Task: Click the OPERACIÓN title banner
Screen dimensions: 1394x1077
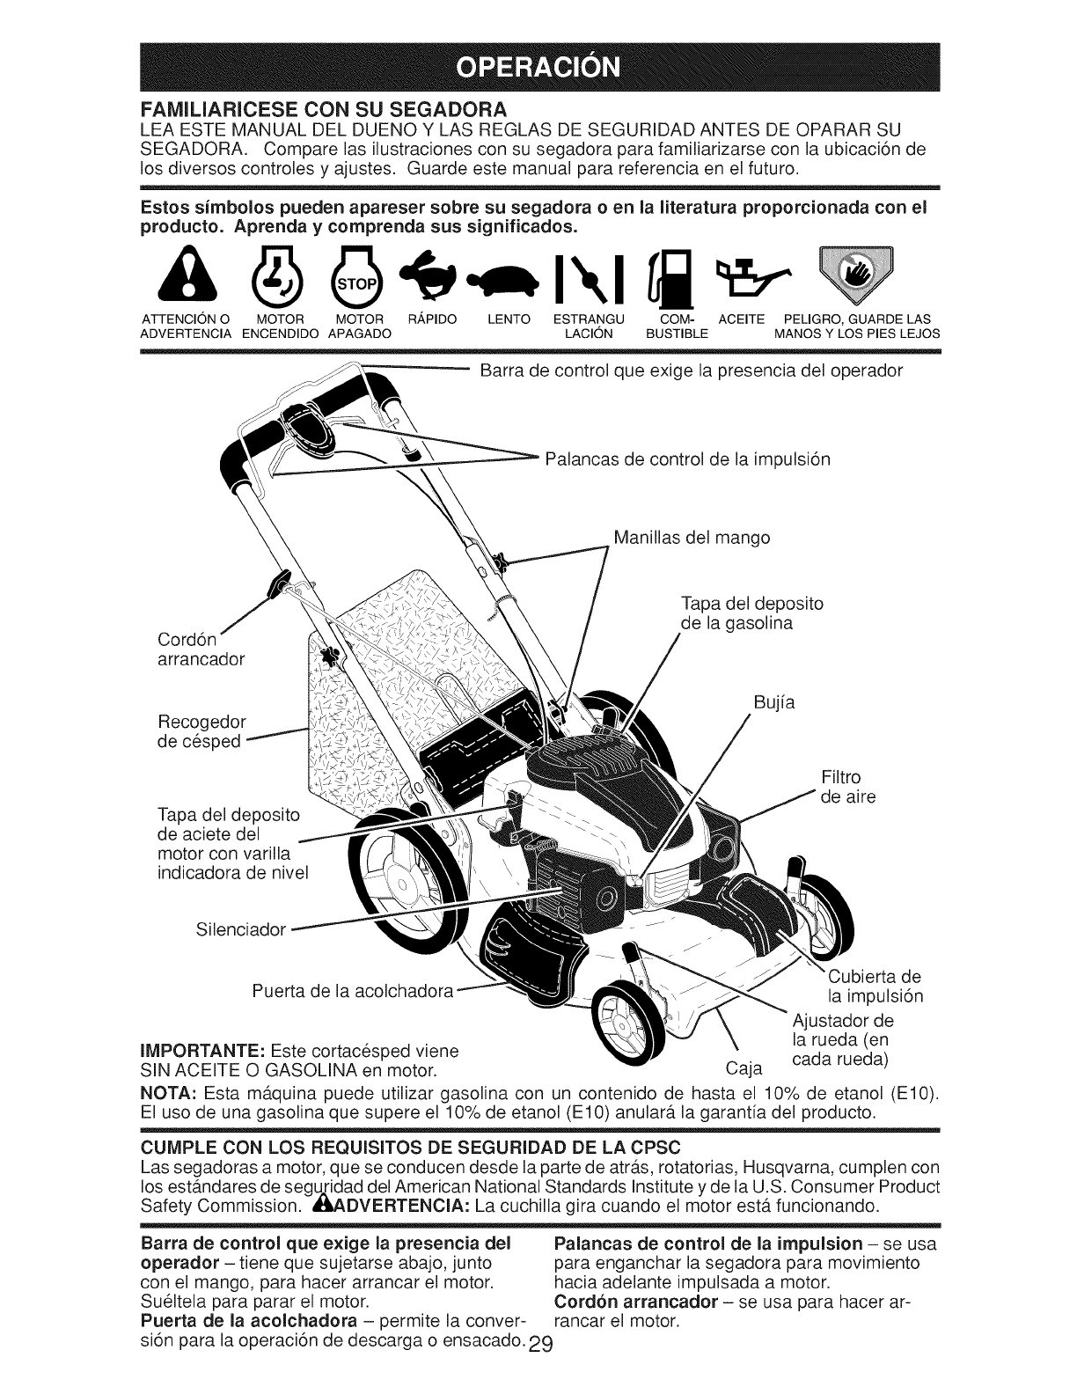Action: click(538, 66)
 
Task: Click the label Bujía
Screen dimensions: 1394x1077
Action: click(774, 703)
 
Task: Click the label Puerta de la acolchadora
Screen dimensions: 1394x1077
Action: click(352, 992)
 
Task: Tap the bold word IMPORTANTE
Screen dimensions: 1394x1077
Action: click(198, 1052)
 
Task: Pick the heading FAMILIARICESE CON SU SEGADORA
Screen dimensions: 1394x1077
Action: click(322, 109)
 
